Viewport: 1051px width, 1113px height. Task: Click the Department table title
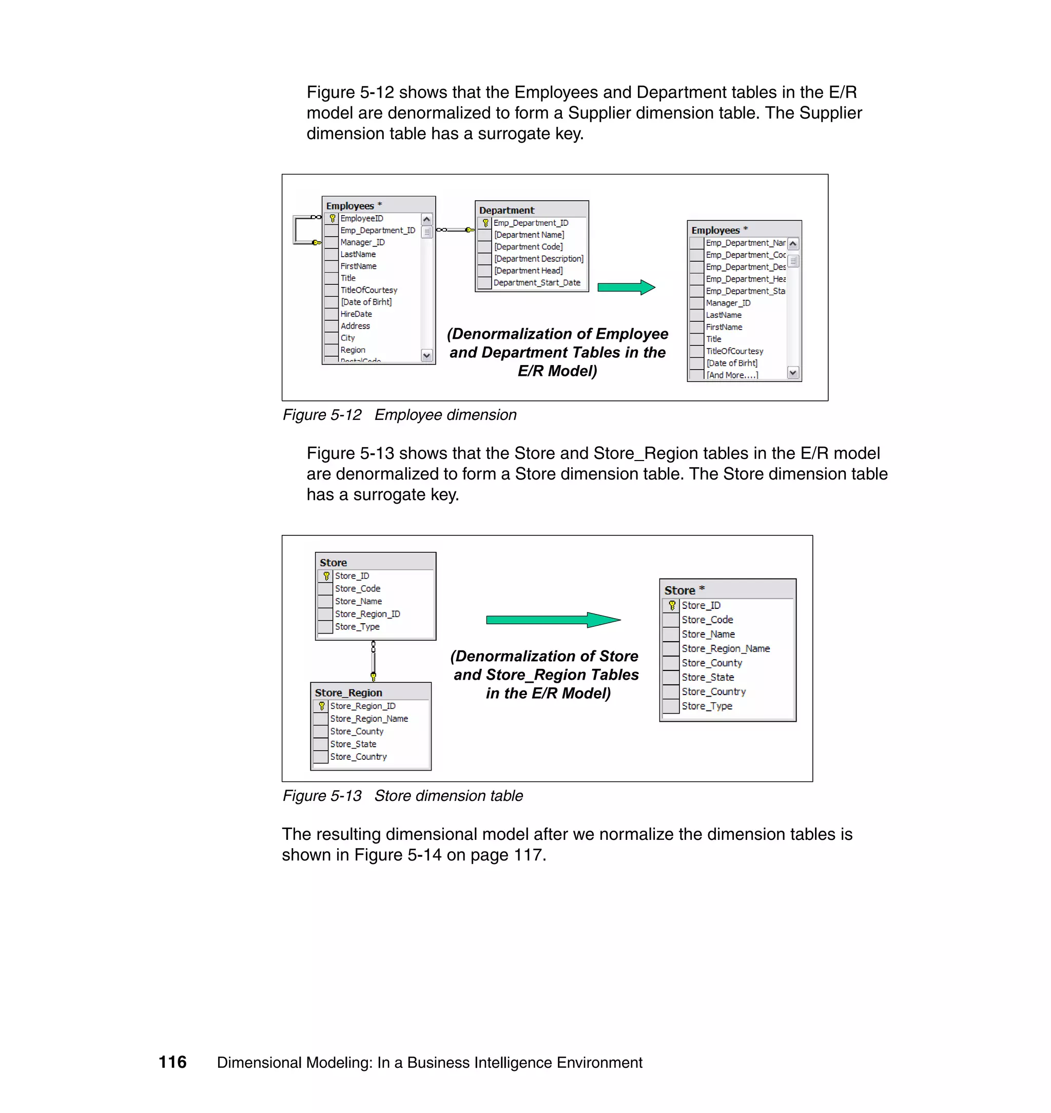click(507, 210)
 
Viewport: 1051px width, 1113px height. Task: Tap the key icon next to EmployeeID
click(332, 219)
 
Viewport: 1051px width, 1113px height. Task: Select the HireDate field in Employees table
click(356, 314)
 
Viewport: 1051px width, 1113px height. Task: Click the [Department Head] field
click(528, 271)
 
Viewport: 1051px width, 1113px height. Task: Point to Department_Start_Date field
click(536, 282)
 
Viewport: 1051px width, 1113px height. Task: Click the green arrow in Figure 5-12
click(626, 287)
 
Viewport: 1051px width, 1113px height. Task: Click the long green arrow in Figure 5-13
click(552, 620)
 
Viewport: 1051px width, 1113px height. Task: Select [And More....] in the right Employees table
click(732, 375)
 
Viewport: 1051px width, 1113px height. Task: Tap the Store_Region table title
click(348, 693)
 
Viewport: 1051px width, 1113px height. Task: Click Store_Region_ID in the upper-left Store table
click(367, 614)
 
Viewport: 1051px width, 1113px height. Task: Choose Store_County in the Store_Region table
click(356, 732)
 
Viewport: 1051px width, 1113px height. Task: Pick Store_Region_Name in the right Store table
click(726, 648)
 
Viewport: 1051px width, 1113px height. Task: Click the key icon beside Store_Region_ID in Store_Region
click(322, 706)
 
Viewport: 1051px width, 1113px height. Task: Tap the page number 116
click(172, 1062)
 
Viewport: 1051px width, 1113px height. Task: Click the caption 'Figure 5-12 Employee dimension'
click(399, 415)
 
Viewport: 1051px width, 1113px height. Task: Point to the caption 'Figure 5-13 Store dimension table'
click(402, 796)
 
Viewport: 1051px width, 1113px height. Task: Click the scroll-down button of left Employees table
click(426, 355)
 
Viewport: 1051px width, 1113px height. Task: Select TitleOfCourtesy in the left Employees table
click(368, 290)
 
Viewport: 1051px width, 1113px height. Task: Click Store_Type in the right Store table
click(707, 706)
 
